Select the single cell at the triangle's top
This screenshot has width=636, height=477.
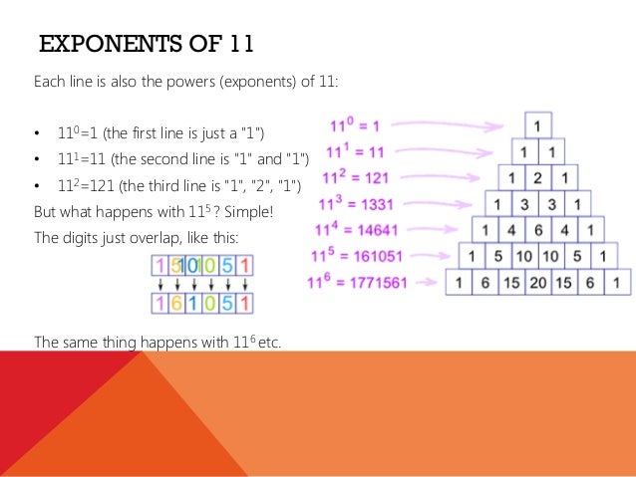click(x=537, y=126)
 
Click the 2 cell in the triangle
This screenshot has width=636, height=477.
click(x=537, y=178)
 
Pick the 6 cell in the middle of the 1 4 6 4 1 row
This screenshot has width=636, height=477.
click(x=537, y=230)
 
